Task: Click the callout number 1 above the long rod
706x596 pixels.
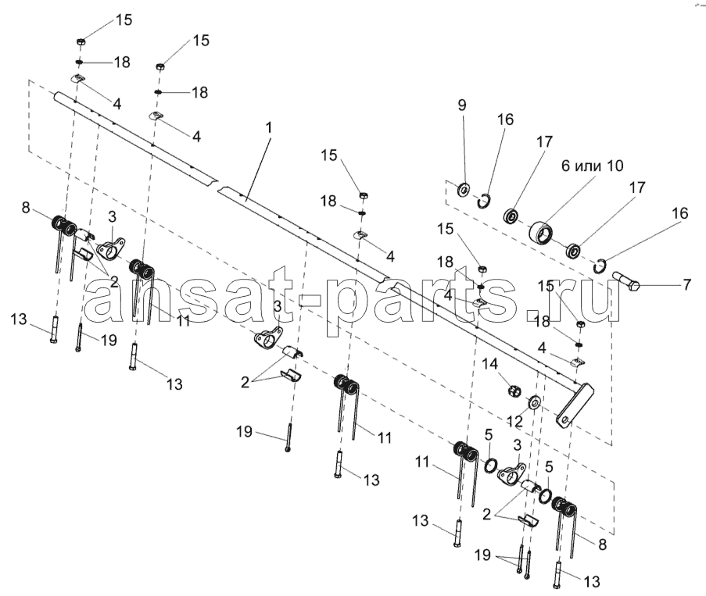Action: tap(269, 128)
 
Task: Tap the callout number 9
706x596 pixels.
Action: tap(462, 105)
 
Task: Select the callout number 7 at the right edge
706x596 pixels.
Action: tap(686, 285)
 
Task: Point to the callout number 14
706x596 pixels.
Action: tap(490, 364)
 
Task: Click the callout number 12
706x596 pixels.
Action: tap(514, 422)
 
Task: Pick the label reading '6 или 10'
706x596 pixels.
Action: tap(592, 166)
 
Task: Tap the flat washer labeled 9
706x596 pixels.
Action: tap(464, 190)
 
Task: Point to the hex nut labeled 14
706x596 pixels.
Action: tap(514, 391)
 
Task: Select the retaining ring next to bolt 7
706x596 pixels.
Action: tap(600, 266)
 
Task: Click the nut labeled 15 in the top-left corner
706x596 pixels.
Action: tap(81, 42)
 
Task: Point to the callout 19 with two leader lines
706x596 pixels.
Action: tap(482, 555)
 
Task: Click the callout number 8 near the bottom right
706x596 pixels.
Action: tap(603, 544)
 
